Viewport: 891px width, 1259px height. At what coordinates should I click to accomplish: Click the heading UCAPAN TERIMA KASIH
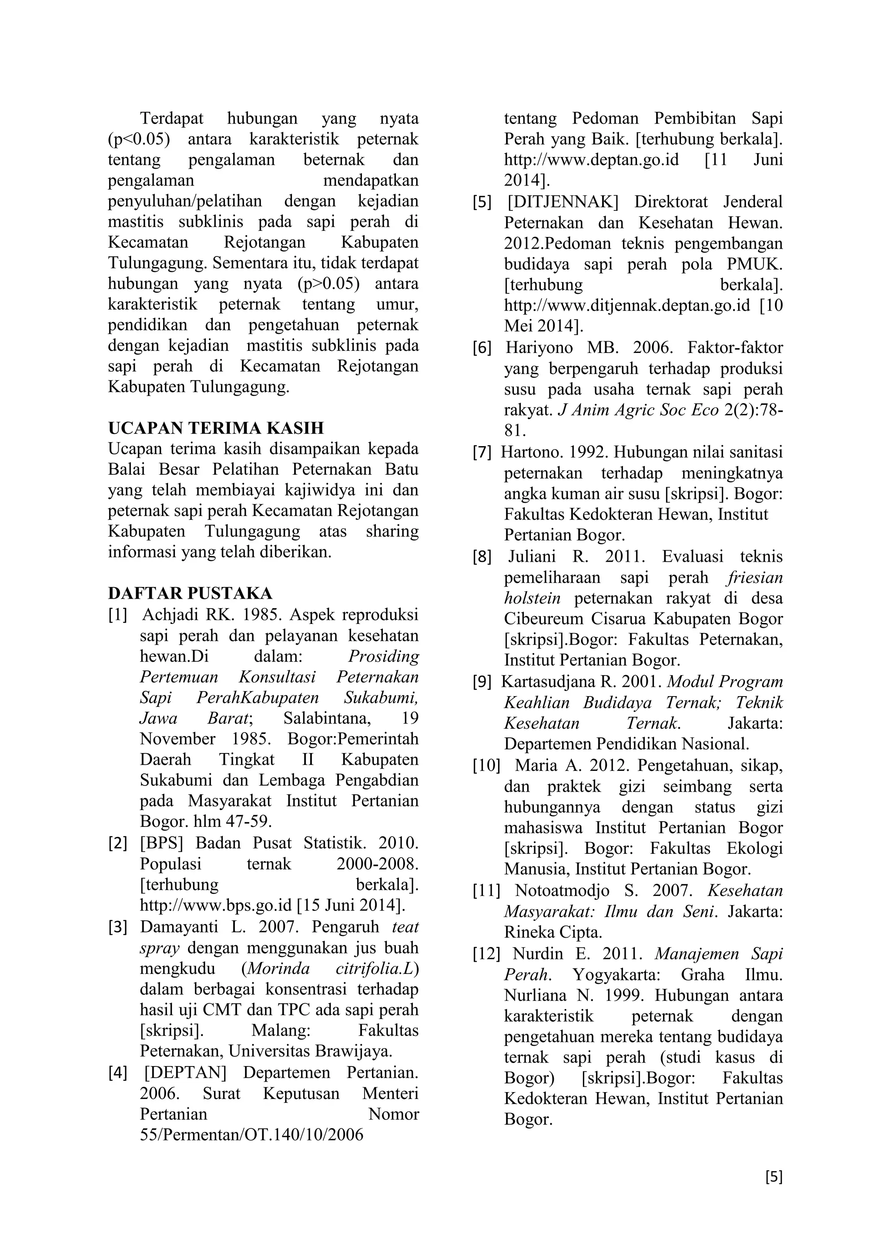(x=216, y=428)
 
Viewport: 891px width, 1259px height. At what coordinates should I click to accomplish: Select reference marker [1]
(x=118, y=615)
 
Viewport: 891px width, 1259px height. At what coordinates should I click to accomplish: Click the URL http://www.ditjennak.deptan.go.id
(x=626, y=306)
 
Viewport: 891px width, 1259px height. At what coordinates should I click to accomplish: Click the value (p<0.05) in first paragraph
(x=139, y=139)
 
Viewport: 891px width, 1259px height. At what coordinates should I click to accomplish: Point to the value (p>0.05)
(x=328, y=284)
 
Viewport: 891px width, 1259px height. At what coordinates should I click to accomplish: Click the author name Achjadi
(x=170, y=615)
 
